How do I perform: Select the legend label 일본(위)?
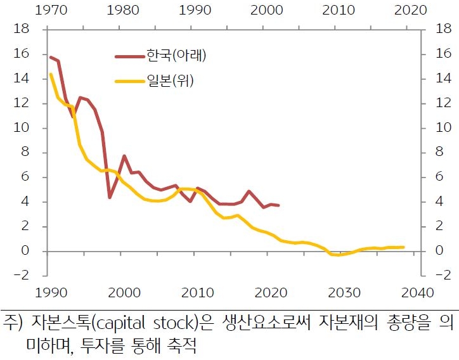click(169, 80)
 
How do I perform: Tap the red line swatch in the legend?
click(129, 56)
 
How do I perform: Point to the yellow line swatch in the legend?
click(129, 81)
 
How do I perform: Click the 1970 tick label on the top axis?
click(50, 10)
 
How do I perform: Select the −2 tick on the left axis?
click(22, 276)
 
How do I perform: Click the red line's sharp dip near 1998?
click(110, 198)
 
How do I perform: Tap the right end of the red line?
click(278, 205)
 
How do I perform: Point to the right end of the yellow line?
click(404, 247)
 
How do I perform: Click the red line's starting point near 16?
click(51, 57)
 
